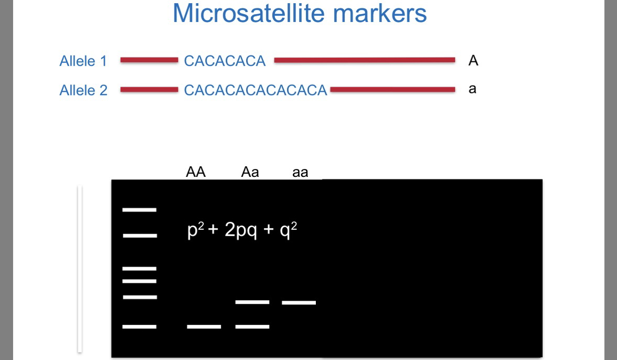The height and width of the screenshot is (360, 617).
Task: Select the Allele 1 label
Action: click(x=83, y=61)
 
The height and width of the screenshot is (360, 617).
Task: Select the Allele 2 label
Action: click(x=83, y=90)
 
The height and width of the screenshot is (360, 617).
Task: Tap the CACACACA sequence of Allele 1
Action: click(x=225, y=61)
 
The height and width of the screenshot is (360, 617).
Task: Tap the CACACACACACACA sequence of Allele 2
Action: click(x=256, y=90)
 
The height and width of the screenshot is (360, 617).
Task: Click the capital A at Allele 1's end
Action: click(x=473, y=61)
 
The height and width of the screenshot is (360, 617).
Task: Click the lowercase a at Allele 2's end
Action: click(x=472, y=89)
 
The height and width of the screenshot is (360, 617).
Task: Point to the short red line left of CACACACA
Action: click(x=149, y=60)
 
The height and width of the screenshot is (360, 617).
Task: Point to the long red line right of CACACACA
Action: click(x=364, y=60)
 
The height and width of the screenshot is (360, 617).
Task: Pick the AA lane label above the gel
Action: click(x=195, y=172)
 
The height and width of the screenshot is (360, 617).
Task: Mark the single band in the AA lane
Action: click(x=204, y=326)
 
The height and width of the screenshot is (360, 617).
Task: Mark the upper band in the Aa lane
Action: click(x=252, y=302)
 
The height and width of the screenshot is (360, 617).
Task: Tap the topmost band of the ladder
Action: click(x=139, y=210)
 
